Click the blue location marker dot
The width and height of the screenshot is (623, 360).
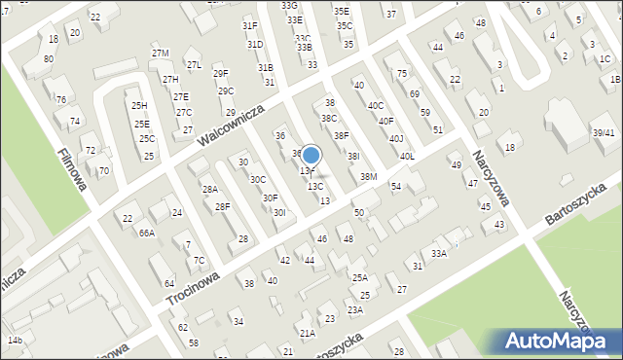(311, 155)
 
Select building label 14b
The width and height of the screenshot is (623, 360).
(14, 340)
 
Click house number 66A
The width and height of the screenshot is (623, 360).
(146, 234)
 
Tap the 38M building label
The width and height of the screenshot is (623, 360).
(368, 176)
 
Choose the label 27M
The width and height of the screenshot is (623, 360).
(160, 53)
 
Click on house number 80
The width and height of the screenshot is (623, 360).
(49, 59)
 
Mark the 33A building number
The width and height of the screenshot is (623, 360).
(439, 254)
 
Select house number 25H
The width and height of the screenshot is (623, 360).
(139, 105)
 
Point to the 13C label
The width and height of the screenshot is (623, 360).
(315, 186)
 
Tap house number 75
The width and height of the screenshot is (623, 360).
(401, 74)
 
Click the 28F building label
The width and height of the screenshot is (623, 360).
(222, 206)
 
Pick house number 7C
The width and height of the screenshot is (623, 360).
(199, 260)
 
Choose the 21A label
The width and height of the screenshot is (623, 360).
(307, 333)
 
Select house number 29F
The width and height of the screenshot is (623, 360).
(221, 73)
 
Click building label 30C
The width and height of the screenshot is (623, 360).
(258, 179)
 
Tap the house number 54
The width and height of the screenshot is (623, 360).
(396, 185)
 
